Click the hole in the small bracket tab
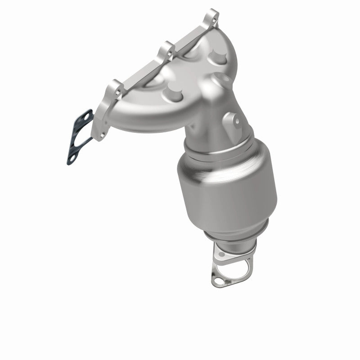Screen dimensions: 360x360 point(237,121)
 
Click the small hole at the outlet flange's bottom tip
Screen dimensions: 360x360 point(217,280)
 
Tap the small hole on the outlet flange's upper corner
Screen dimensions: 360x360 point(220,255)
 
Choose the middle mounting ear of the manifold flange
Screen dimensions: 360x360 point(167,50)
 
